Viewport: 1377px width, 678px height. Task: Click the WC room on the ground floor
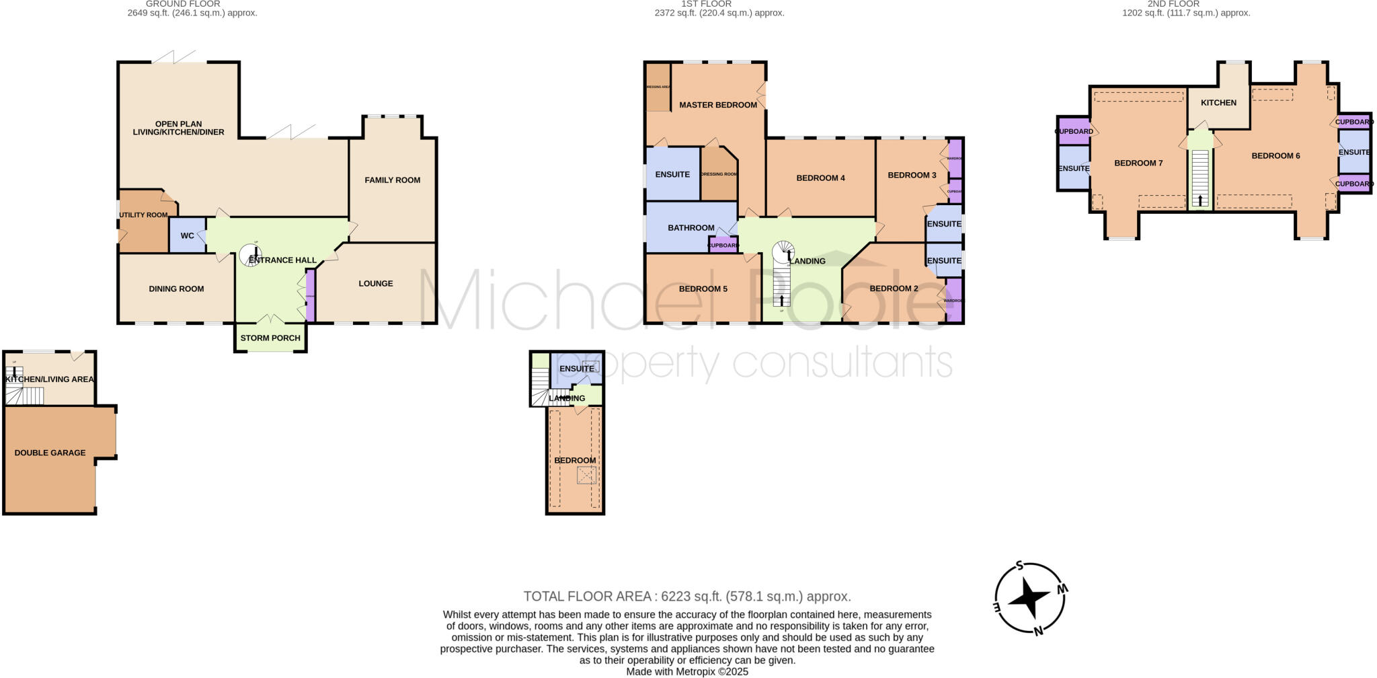187,235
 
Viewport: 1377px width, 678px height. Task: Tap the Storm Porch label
270,338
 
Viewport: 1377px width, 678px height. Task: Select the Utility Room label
143,215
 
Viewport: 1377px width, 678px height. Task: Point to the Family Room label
393,180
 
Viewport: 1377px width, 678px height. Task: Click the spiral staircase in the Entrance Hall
251,254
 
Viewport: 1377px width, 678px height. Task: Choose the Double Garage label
50,453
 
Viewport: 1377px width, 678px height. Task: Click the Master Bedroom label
717,105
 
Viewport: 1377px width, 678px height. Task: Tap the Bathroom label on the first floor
691,228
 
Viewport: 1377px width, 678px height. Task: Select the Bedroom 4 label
820,178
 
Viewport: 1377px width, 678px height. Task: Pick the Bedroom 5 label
703,289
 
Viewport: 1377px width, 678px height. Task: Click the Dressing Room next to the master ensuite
718,174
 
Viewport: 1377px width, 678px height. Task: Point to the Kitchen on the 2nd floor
1218,103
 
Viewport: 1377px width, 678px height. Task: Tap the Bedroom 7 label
1138,163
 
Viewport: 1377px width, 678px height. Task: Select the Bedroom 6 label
1275,155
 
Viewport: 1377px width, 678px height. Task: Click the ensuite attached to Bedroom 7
1073,168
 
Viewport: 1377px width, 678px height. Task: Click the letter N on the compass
1038,631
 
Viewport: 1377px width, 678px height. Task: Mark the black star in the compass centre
1029,596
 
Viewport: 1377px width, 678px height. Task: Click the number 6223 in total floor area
676,596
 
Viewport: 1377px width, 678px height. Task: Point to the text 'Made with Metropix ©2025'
687,671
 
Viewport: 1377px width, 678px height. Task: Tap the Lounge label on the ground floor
375,283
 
